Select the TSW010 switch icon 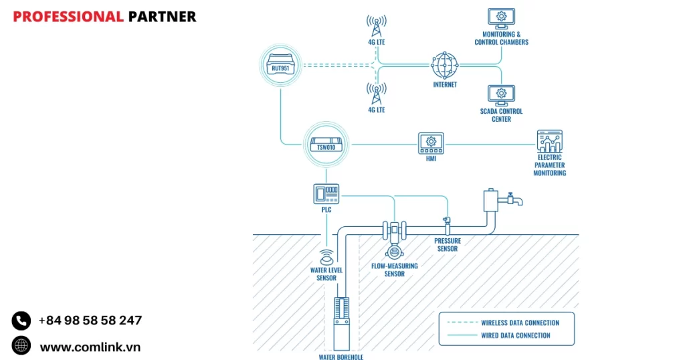point(325,143)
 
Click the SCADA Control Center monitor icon point(501,94)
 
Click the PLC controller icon point(326,193)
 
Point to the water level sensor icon point(326,257)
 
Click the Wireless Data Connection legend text point(520,323)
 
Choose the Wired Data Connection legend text point(516,335)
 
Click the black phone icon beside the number point(21,321)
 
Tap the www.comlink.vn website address point(90,347)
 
